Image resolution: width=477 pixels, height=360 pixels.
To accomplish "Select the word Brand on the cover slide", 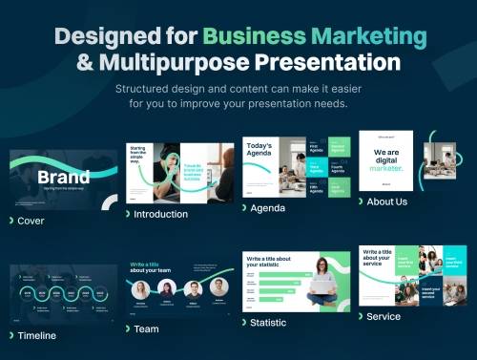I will tap(63, 177).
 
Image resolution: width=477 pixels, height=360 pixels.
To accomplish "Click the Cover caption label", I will tap(31, 221).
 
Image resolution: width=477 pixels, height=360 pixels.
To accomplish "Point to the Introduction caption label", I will tap(161, 214).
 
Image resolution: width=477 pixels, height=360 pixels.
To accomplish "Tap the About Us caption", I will tap(387, 201).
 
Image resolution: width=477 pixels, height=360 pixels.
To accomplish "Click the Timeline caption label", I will tap(36, 335).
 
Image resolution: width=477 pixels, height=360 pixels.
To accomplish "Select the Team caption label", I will tap(146, 328).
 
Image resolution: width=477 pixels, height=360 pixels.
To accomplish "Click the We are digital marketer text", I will tap(386, 160).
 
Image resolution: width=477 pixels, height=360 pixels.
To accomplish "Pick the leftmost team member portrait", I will tap(141, 288).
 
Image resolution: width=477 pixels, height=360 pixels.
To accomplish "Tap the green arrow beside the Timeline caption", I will tap(10, 335).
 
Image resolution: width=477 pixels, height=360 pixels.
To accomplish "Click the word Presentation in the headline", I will tap(320, 63).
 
